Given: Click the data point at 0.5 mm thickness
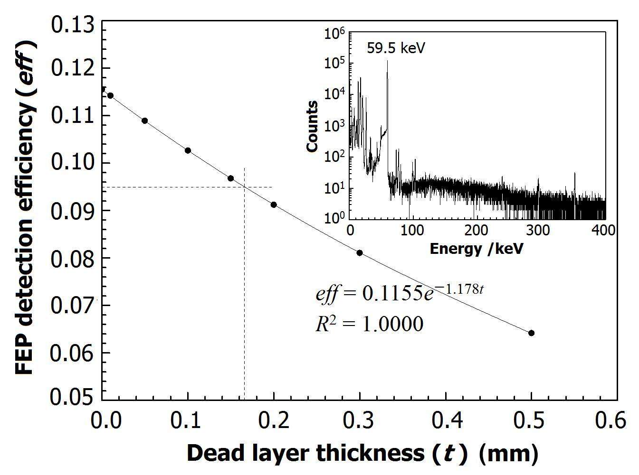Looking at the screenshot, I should coord(531,333).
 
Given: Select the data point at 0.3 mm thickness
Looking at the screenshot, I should coord(360,253).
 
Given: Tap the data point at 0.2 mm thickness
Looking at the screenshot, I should coord(274,205).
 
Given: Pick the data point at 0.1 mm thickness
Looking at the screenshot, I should coord(188,150).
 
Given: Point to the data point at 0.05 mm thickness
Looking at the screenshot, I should coord(145,121).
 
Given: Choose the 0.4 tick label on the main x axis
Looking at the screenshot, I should coord(445,421).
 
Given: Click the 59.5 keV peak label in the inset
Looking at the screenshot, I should coord(396,48).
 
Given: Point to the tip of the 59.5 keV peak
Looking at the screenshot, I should coord(387,61).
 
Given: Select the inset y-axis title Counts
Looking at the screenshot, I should coord(312,127).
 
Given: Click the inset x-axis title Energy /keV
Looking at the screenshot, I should coord(476,248).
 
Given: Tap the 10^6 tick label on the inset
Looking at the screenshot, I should coord(334,33).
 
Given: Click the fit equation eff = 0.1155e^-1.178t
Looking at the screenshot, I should coord(399,293).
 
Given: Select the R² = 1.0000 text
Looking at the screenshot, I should coord(369,324).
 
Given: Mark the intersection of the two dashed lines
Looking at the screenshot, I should coord(245,187).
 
